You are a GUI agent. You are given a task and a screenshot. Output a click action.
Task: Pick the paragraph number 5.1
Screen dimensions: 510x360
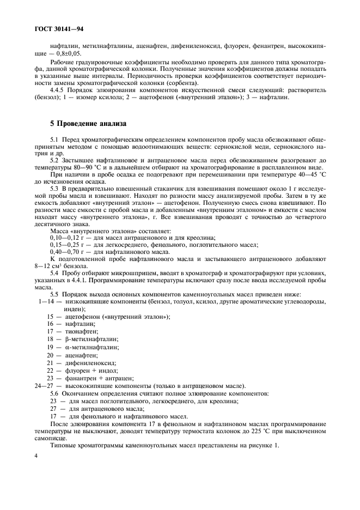pos(54,142)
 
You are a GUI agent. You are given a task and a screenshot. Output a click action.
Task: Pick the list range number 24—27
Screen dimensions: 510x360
pos(44,385)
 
